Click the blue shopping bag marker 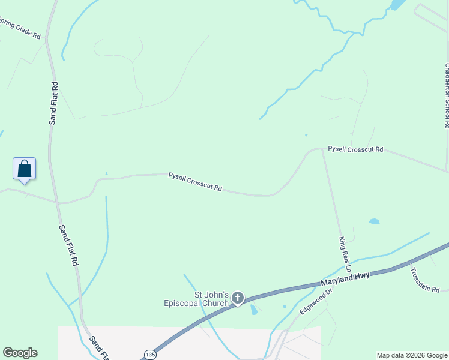[24, 169]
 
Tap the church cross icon [238, 298]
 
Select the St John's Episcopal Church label [197, 299]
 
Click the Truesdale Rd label [425, 279]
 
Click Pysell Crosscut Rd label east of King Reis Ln [355, 149]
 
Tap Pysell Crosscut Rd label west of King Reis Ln [195, 182]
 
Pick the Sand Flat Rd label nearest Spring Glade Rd [53, 103]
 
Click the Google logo [20, 353]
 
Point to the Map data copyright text [412, 355]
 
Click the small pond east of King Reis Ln [374, 221]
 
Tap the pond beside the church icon [254, 310]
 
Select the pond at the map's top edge [398, 4]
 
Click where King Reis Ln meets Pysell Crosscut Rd [322, 149]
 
